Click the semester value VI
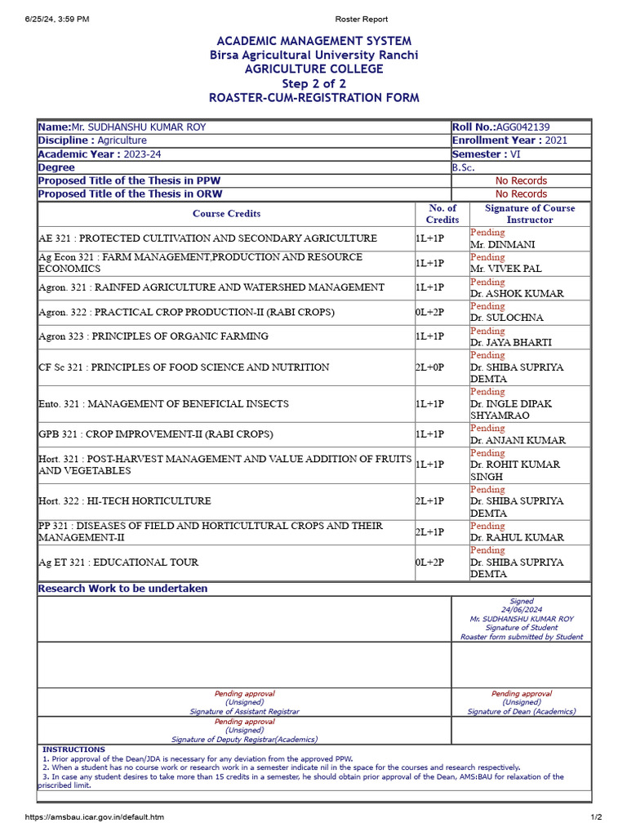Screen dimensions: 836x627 [515, 154]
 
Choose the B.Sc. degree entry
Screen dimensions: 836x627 [463, 167]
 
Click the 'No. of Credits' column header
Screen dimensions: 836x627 [442, 214]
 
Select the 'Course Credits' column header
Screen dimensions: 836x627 [226, 214]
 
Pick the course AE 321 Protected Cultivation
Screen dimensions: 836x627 [207, 238]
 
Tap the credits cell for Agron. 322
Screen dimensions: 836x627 [429, 312]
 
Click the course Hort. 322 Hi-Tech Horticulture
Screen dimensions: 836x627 [124, 500]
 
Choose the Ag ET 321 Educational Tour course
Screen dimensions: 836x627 [118, 563]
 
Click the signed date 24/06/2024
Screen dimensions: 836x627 [522, 610]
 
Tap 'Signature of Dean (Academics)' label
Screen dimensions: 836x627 [521, 712]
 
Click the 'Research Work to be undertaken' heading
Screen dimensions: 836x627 [123, 589]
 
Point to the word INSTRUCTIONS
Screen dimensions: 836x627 [73, 749]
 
